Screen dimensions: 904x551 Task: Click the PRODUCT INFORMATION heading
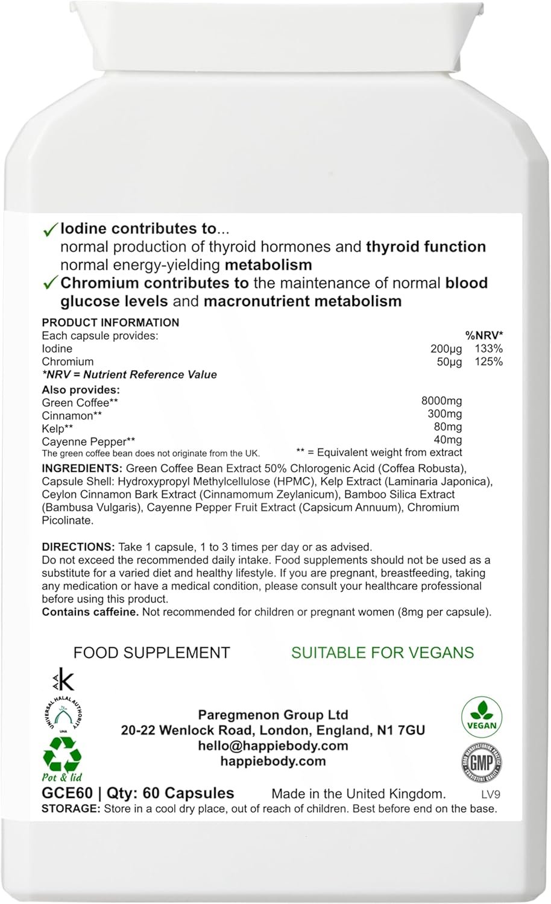[110, 322]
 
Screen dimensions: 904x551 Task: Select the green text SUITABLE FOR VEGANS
[382, 652]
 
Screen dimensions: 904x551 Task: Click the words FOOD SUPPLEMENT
[151, 652]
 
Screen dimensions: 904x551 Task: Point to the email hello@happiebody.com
[273, 745]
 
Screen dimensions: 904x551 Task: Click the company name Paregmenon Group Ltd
[273, 715]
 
